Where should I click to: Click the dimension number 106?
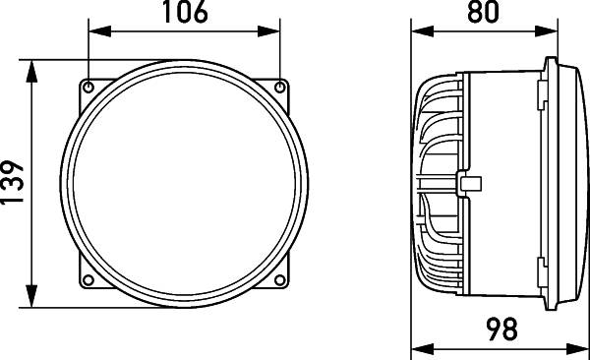click(185, 13)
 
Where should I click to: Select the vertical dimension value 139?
click(13, 183)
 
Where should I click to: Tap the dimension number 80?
click(483, 13)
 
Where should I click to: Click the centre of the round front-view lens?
click(185, 184)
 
